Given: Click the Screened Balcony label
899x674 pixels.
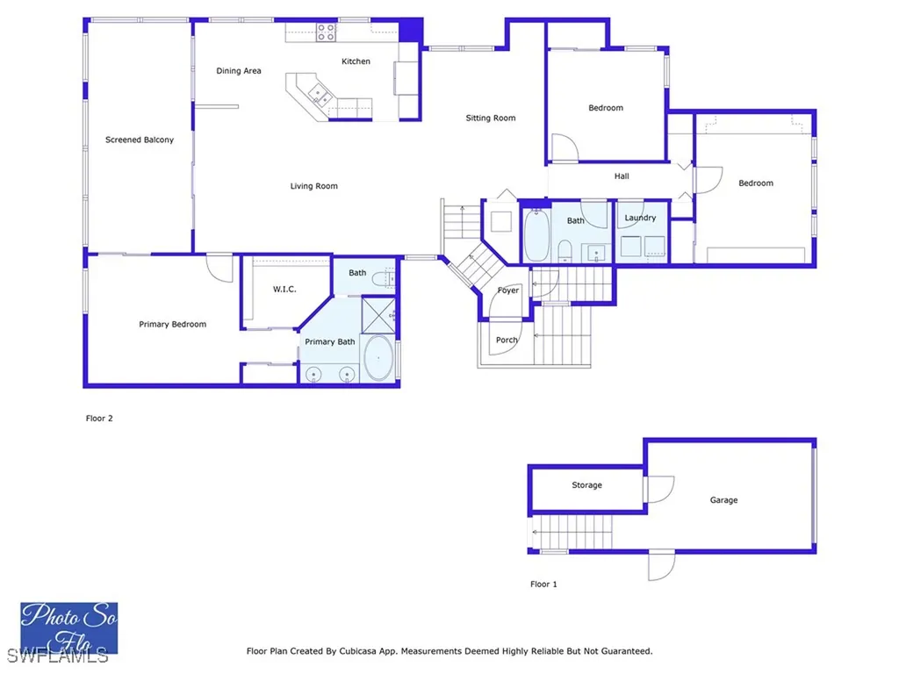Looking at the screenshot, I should [140, 140].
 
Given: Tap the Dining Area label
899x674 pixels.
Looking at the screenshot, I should [239, 71].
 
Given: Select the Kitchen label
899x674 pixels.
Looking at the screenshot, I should [356, 61].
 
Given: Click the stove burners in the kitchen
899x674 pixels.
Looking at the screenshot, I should [326, 32].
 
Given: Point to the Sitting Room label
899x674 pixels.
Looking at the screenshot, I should [490, 118].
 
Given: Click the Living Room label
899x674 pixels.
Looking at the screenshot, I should [314, 186].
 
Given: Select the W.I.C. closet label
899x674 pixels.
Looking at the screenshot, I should [284, 289].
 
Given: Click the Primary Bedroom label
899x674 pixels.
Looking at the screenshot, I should [173, 325].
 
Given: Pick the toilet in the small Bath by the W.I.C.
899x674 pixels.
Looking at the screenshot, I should [382, 280].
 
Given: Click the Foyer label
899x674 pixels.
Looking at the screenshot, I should [508, 290].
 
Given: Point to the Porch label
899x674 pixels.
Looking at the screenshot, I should [507, 340].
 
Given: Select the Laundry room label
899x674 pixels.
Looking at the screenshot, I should [640, 218].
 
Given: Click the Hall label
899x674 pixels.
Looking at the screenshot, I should [622, 176].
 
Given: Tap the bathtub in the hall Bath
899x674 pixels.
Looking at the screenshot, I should [537, 236].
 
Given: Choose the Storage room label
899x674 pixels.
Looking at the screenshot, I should [586, 485].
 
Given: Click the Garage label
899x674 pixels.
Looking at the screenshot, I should [723, 500].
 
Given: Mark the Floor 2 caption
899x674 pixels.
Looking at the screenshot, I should [99, 419].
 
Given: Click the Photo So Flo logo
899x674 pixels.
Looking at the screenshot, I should [68, 627].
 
